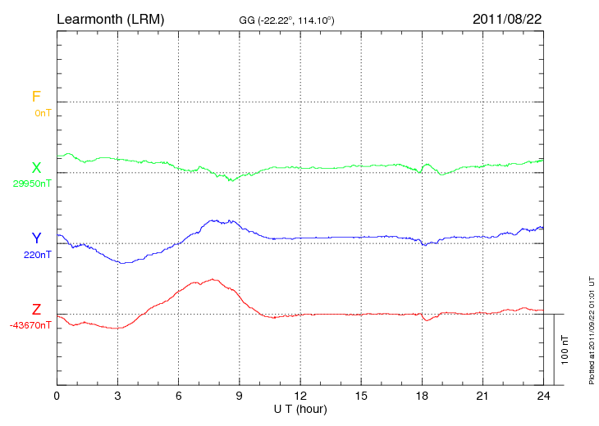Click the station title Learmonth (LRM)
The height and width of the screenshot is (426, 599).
111,18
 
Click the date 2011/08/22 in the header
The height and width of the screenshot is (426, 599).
507,18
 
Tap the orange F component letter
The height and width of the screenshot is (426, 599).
36,97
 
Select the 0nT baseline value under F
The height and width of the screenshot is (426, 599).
43,112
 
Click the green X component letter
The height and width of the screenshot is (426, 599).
36,168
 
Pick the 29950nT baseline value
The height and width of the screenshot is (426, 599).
32,184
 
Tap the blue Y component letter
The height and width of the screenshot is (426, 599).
36,238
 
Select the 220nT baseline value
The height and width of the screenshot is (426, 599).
38,255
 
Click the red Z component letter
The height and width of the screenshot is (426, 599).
36,310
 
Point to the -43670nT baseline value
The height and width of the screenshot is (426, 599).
32,325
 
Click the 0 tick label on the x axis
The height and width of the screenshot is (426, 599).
57,396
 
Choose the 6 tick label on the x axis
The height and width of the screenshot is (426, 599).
179,396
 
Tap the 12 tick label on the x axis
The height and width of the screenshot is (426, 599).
300,396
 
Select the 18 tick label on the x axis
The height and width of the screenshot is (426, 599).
422,396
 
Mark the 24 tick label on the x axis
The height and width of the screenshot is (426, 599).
543,396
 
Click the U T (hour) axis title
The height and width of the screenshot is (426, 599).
300,408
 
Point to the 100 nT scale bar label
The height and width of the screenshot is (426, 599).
565,349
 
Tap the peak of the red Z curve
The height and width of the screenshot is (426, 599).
213,279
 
